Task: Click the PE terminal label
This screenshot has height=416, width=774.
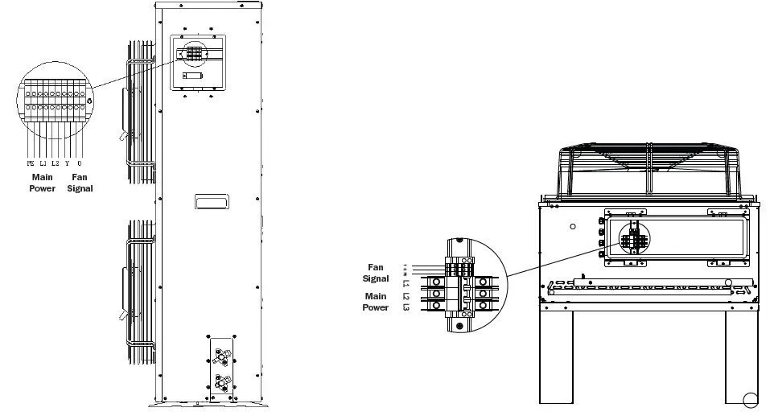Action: click(x=30, y=163)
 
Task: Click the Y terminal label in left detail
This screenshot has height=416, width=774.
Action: click(x=68, y=163)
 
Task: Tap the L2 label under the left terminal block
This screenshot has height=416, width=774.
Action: click(x=55, y=163)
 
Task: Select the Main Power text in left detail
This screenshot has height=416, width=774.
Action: click(x=43, y=182)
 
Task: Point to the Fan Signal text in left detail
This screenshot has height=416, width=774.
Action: click(x=82, y=182)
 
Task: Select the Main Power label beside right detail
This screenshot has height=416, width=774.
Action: click(x=376, y=301)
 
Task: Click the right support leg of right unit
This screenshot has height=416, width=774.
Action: click(x=742, y=355)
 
